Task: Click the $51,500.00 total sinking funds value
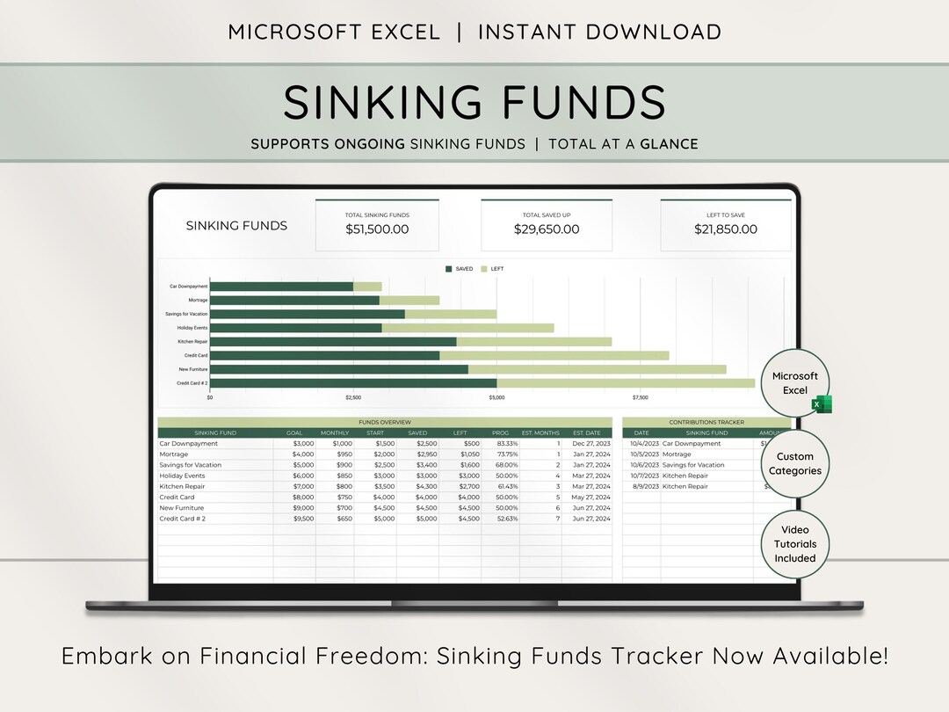(377, 229)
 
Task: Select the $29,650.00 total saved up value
(547, 229)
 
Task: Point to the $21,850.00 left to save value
(726, 229)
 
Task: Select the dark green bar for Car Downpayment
(281, 287)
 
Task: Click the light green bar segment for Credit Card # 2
(625, 383)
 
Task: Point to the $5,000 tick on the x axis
(496, 398)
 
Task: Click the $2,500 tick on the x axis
(353, 398)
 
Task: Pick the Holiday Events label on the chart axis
(192, 328)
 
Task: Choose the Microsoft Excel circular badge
(794, 383)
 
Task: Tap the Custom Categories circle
(794, 463)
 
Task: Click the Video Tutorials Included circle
(794, 544)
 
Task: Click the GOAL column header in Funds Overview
(294, 432)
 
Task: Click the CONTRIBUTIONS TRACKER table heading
(706, 422)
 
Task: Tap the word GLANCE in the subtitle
(669, 144)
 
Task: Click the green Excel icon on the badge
(822, 403)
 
